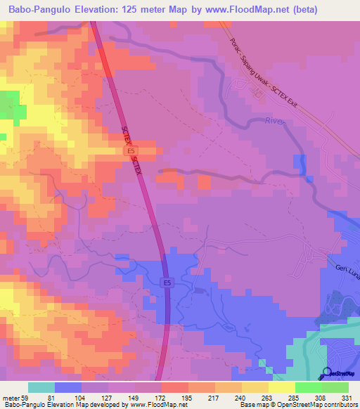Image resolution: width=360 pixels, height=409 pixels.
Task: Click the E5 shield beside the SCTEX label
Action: (x=129, y=151)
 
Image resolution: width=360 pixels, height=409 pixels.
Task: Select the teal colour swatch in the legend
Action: (x=41, y=387)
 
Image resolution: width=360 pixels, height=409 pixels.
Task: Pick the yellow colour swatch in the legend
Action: (x=281, y=387)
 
